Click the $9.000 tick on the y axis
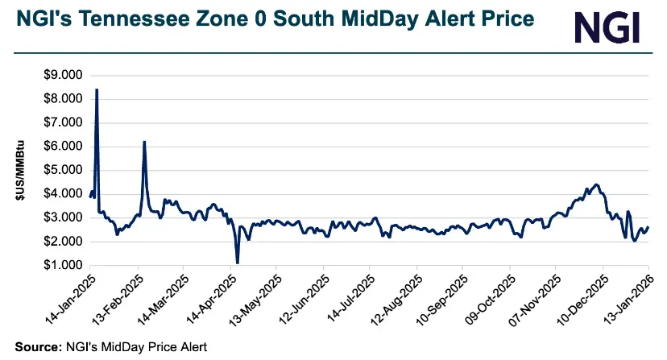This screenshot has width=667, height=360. (x=62, y=75)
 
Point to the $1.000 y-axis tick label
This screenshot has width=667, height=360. (x=62, y=265)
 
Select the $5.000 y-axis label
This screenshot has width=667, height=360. (x=62, y=170)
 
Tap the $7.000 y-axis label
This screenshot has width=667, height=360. (x=62, y=122)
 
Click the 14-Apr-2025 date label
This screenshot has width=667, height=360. (x=209, y=296)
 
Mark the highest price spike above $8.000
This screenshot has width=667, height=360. (x=97, y=90)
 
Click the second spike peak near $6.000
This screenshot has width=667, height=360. (x=144, y=143)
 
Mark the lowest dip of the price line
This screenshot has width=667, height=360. (x=238, y=262)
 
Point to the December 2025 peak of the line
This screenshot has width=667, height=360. (x=595, y=185)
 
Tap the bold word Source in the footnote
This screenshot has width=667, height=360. (x=34, y=346)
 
